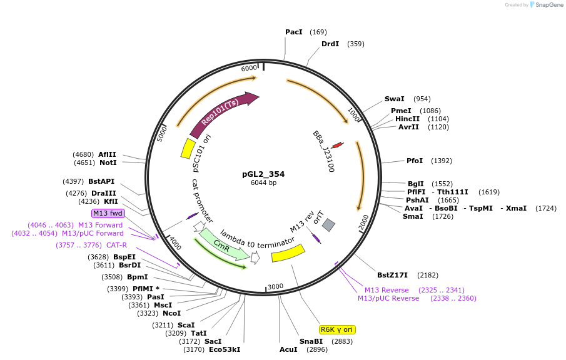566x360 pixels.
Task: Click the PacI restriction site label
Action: tap(293, 32)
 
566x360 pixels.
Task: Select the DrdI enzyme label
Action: tap(330, 44)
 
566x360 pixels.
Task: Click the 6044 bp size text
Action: tap(263, 183)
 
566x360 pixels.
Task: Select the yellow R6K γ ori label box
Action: tap(337, 329)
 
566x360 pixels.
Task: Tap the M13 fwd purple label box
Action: tap(108, 213)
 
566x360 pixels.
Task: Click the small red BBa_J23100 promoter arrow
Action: tap(337, 145)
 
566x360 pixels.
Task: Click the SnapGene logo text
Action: tap(548, 5)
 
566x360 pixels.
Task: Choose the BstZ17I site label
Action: tap(392, 275)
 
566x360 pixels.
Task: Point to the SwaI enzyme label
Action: tap(394, 99)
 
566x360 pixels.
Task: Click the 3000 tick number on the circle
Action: tap(275, 287)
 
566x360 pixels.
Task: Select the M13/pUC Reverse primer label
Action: tap(388, 298)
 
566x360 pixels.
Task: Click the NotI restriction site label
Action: tap(108, 162)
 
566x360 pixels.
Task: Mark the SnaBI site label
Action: tap(311, 341)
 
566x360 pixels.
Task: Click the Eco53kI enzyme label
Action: tap(225, 349)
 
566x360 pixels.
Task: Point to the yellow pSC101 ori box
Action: tap(187, 148)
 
